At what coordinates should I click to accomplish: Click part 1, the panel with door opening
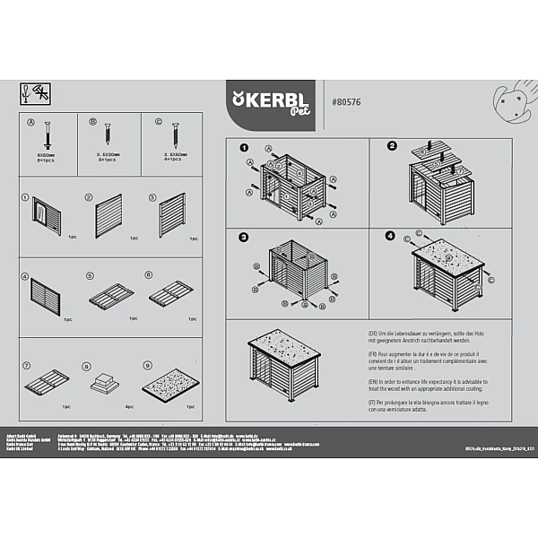44,216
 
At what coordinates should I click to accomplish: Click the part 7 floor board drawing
45,384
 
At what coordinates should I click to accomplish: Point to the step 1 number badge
243,147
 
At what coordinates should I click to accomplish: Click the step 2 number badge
392,146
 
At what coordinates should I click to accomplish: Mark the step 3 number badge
243,238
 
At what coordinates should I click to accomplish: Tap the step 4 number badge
390,236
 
